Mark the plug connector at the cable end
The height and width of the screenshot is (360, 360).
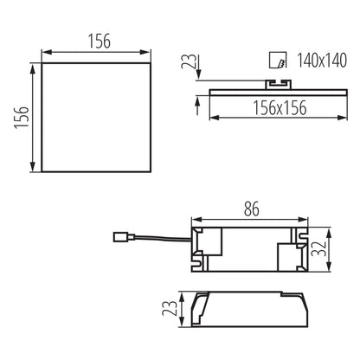pos(122,235)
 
